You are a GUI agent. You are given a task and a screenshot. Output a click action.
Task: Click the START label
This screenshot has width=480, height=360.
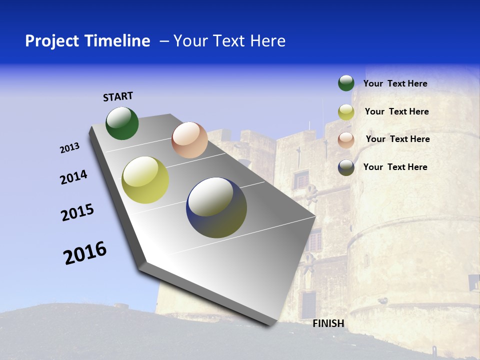pos(118,96)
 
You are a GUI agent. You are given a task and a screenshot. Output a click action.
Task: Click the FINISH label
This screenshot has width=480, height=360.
pos(328,323)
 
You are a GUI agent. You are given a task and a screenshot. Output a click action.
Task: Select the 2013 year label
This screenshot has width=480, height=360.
pos(69,148)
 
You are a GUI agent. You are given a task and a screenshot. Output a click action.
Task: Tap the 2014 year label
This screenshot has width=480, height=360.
pos(73,177)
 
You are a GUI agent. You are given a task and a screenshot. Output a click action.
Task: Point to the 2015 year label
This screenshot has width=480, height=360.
pos(77,212)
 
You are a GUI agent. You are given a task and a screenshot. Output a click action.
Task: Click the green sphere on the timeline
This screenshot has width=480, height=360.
pos(122,123)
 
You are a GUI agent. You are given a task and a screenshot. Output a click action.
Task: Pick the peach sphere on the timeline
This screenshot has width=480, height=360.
pos(189,140)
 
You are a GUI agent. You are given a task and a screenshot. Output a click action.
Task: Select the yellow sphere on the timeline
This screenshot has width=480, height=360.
pos(145,180)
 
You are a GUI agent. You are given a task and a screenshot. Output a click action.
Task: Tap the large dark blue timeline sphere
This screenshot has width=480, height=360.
pos(216,207)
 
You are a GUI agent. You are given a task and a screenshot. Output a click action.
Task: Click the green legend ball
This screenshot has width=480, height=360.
pos(346,83)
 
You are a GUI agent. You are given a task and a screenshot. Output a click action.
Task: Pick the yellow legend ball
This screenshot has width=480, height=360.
pos(346,112)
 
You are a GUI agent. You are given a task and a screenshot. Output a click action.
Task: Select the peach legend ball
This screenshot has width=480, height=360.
pos(346,140)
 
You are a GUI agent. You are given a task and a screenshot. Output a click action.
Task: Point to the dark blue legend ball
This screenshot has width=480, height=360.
pos(346,167)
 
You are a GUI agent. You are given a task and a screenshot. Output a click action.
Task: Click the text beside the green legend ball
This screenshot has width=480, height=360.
pos(395,84)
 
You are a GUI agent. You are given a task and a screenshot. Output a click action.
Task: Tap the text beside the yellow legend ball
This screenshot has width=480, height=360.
pos(396,111)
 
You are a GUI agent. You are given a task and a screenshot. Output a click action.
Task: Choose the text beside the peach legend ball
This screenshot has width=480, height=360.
pos(397,139)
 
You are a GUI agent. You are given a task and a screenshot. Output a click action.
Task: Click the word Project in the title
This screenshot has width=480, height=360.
pos(52,41)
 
